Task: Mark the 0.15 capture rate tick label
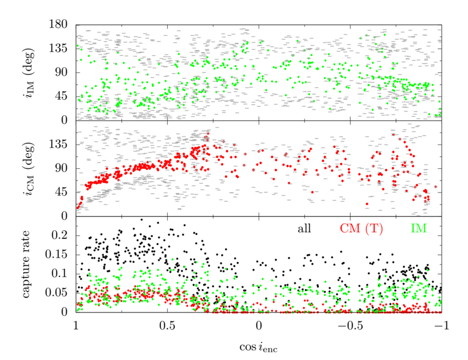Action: [60, 254]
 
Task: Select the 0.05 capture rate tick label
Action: [60, 293]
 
